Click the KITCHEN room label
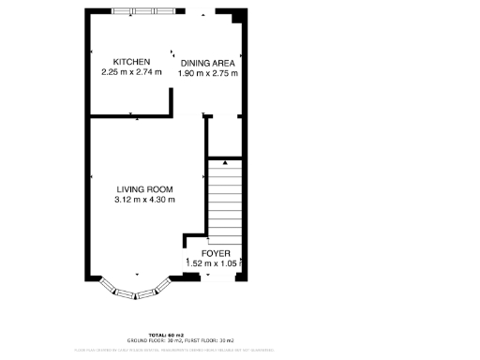[x=131, y=62]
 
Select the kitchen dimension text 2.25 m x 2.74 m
[x=131, y=72]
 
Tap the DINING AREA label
[x=208, y=63]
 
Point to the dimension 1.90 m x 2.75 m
[x=208, y=73]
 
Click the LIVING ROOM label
[x=144, y=188]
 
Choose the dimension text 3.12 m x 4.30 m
[x=144, y=199]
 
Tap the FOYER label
[x=216, y=254]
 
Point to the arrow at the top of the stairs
[x=224, y=162]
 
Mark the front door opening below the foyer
[x=215, y=277]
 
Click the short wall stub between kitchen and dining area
[x=171, y=99]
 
